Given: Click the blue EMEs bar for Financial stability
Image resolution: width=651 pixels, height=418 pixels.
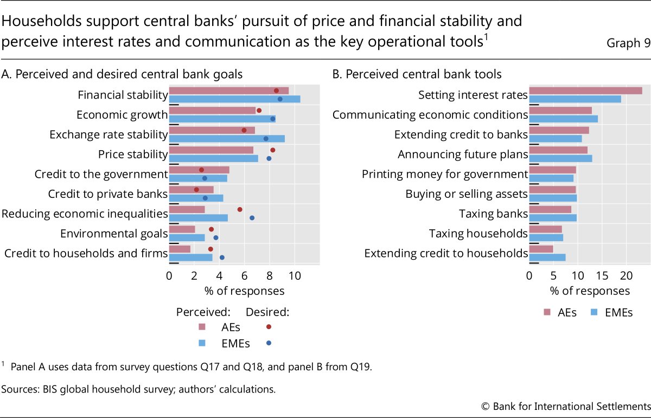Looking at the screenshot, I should point(234,99).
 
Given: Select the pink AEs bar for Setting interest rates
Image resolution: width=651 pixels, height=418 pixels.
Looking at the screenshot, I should point(585,91).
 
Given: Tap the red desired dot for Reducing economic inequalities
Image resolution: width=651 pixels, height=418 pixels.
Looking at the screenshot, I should point(240,209).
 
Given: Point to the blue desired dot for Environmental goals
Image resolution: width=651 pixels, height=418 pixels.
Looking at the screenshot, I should point(216,237).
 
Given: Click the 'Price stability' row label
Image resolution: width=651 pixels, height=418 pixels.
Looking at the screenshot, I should point(133,155).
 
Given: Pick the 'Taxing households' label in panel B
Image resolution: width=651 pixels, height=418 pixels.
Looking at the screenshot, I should point(478,234).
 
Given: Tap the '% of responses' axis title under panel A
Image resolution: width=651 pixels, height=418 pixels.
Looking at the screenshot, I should point(244,291).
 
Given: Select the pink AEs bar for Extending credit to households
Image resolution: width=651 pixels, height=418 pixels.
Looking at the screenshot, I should point(541,249).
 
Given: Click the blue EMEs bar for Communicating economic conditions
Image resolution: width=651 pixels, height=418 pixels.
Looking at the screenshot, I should point(563,119).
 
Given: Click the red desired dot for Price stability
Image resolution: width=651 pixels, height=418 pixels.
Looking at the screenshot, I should point(273,150).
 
